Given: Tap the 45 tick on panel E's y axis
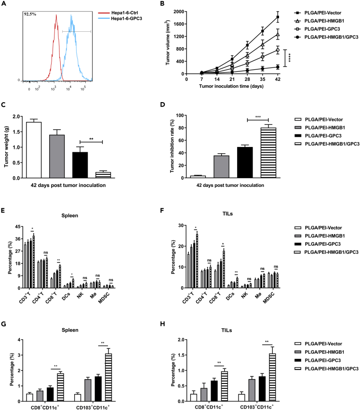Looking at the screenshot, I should pos(16,226).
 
